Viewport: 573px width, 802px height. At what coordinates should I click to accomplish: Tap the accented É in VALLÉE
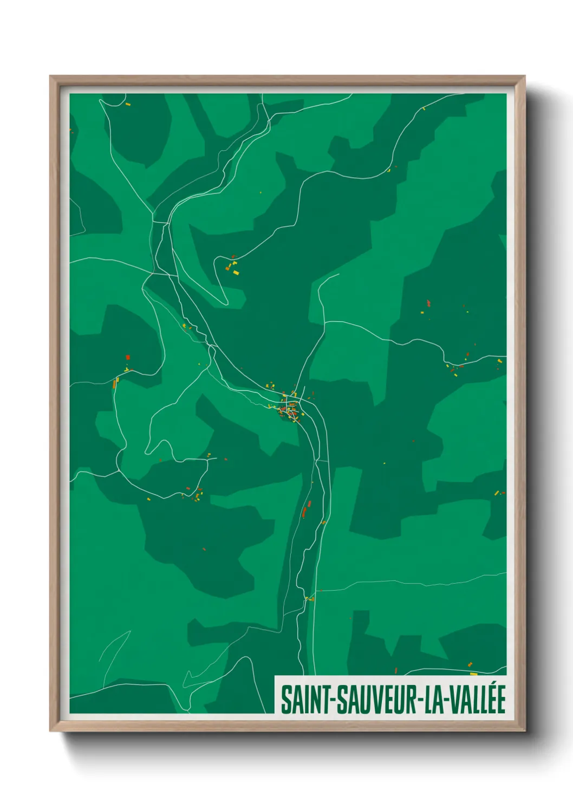click(500, 699)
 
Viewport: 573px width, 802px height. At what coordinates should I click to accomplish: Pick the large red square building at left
click(128, 357)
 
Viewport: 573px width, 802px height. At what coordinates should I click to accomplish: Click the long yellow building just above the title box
click(473, 674)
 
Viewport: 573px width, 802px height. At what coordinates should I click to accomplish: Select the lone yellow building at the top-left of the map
click(128, 104)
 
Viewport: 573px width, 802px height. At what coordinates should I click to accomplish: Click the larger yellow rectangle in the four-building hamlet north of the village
click(236, 272)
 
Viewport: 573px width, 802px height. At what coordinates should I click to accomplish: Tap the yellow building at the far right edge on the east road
click(499, 360)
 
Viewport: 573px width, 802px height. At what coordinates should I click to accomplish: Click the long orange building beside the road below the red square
click(115, 383)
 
